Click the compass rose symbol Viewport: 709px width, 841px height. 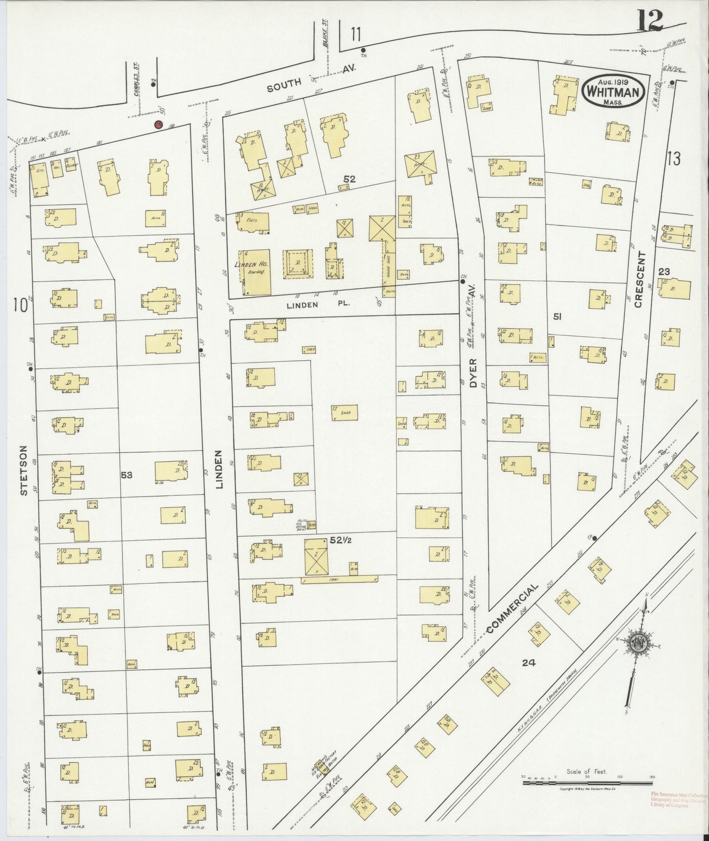(639, 643)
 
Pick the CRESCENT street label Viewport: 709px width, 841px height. (638, 280)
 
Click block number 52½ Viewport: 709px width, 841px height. (341, 540)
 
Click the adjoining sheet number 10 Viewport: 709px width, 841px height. (20, 306)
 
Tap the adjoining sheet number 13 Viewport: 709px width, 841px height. (674, 158)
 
